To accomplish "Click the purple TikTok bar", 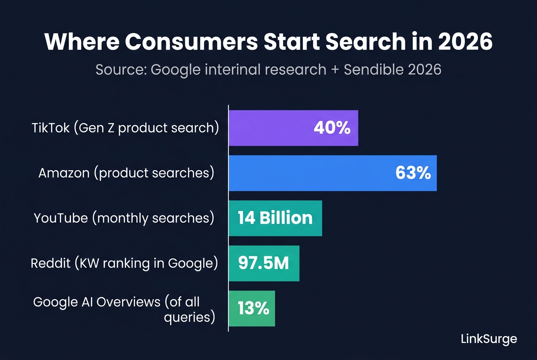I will [x=293, y=128].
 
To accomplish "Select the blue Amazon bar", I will [x=333, y=173].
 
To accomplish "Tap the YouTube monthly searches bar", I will [x=275, y=218].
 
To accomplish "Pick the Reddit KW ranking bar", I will [x=264, y=263].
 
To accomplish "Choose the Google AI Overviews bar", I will [x=252, y=308].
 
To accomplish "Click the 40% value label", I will [x=332, y=128].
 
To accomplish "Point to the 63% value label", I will [x=413, y=173].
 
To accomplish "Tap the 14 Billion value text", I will [x=275, y=218].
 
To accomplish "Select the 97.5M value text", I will [x=263, y=263].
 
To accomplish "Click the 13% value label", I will [x=253, y=308].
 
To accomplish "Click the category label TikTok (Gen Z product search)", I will [x=125, y=128].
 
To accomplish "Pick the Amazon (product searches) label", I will [x=126, y=173].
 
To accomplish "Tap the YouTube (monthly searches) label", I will [x=124, y=218].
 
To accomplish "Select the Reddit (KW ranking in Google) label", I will [x=124, y=263].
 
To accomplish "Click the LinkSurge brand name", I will [x=489, y=339].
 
